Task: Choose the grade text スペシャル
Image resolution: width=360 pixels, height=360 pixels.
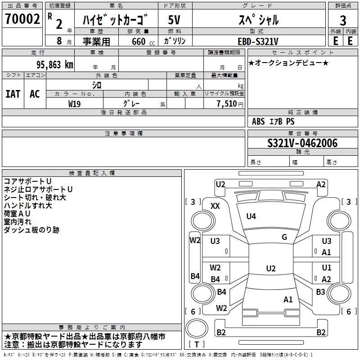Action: point(258,20)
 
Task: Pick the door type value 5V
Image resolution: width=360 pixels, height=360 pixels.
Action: point(175,20)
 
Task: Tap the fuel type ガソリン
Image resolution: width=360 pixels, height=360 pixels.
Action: point(175,41)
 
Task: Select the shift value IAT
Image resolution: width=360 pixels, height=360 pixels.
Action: point(13,94)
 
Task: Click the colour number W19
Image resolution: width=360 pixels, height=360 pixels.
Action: point(75,103)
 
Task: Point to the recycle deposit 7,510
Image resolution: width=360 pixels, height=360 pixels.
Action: point(226,103)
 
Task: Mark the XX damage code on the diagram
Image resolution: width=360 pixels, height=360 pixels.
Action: point(215,206)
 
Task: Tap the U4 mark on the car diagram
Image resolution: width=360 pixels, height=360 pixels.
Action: point(251,216)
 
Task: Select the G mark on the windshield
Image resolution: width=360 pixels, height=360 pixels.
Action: point(284,237)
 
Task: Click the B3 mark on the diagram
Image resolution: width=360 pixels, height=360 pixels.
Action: point(320,292)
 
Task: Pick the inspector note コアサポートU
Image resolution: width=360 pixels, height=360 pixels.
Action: point(27,181)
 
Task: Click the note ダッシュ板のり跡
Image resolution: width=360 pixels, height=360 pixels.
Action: point(31,230)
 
